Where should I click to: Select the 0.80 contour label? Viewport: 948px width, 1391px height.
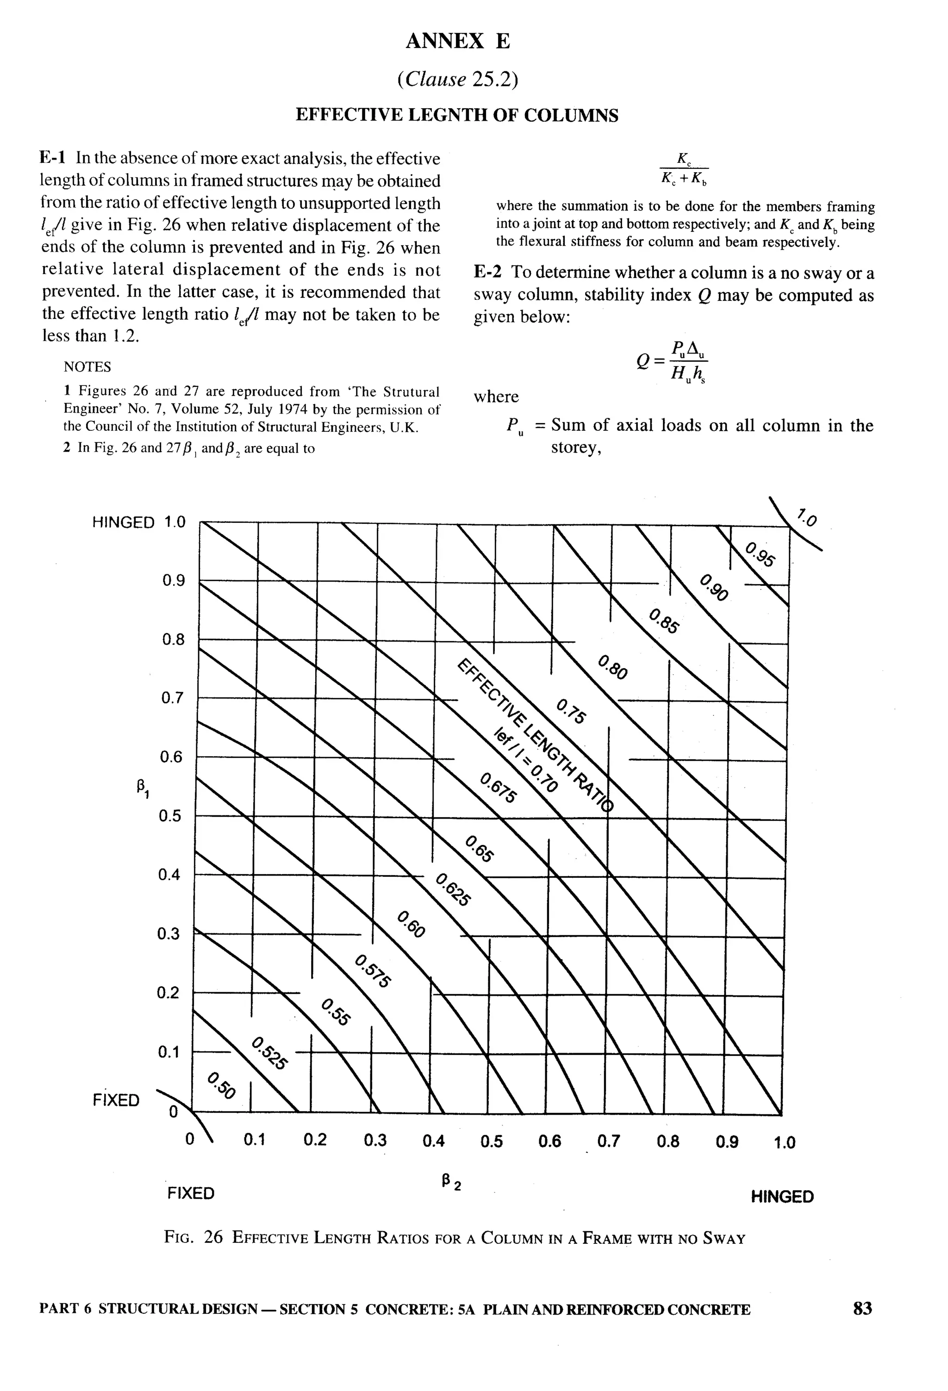coord(613,667)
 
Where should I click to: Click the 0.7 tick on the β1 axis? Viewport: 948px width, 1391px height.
coord(172,698)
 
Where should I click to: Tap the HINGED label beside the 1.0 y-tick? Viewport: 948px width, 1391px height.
coord(124,522)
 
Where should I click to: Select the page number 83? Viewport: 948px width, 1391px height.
coord(862,1325)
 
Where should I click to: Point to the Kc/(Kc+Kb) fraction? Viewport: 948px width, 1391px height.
coord(684,169)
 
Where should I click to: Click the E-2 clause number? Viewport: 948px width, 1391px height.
coord(487,273)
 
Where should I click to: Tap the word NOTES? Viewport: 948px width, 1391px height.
coord(87,366)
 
